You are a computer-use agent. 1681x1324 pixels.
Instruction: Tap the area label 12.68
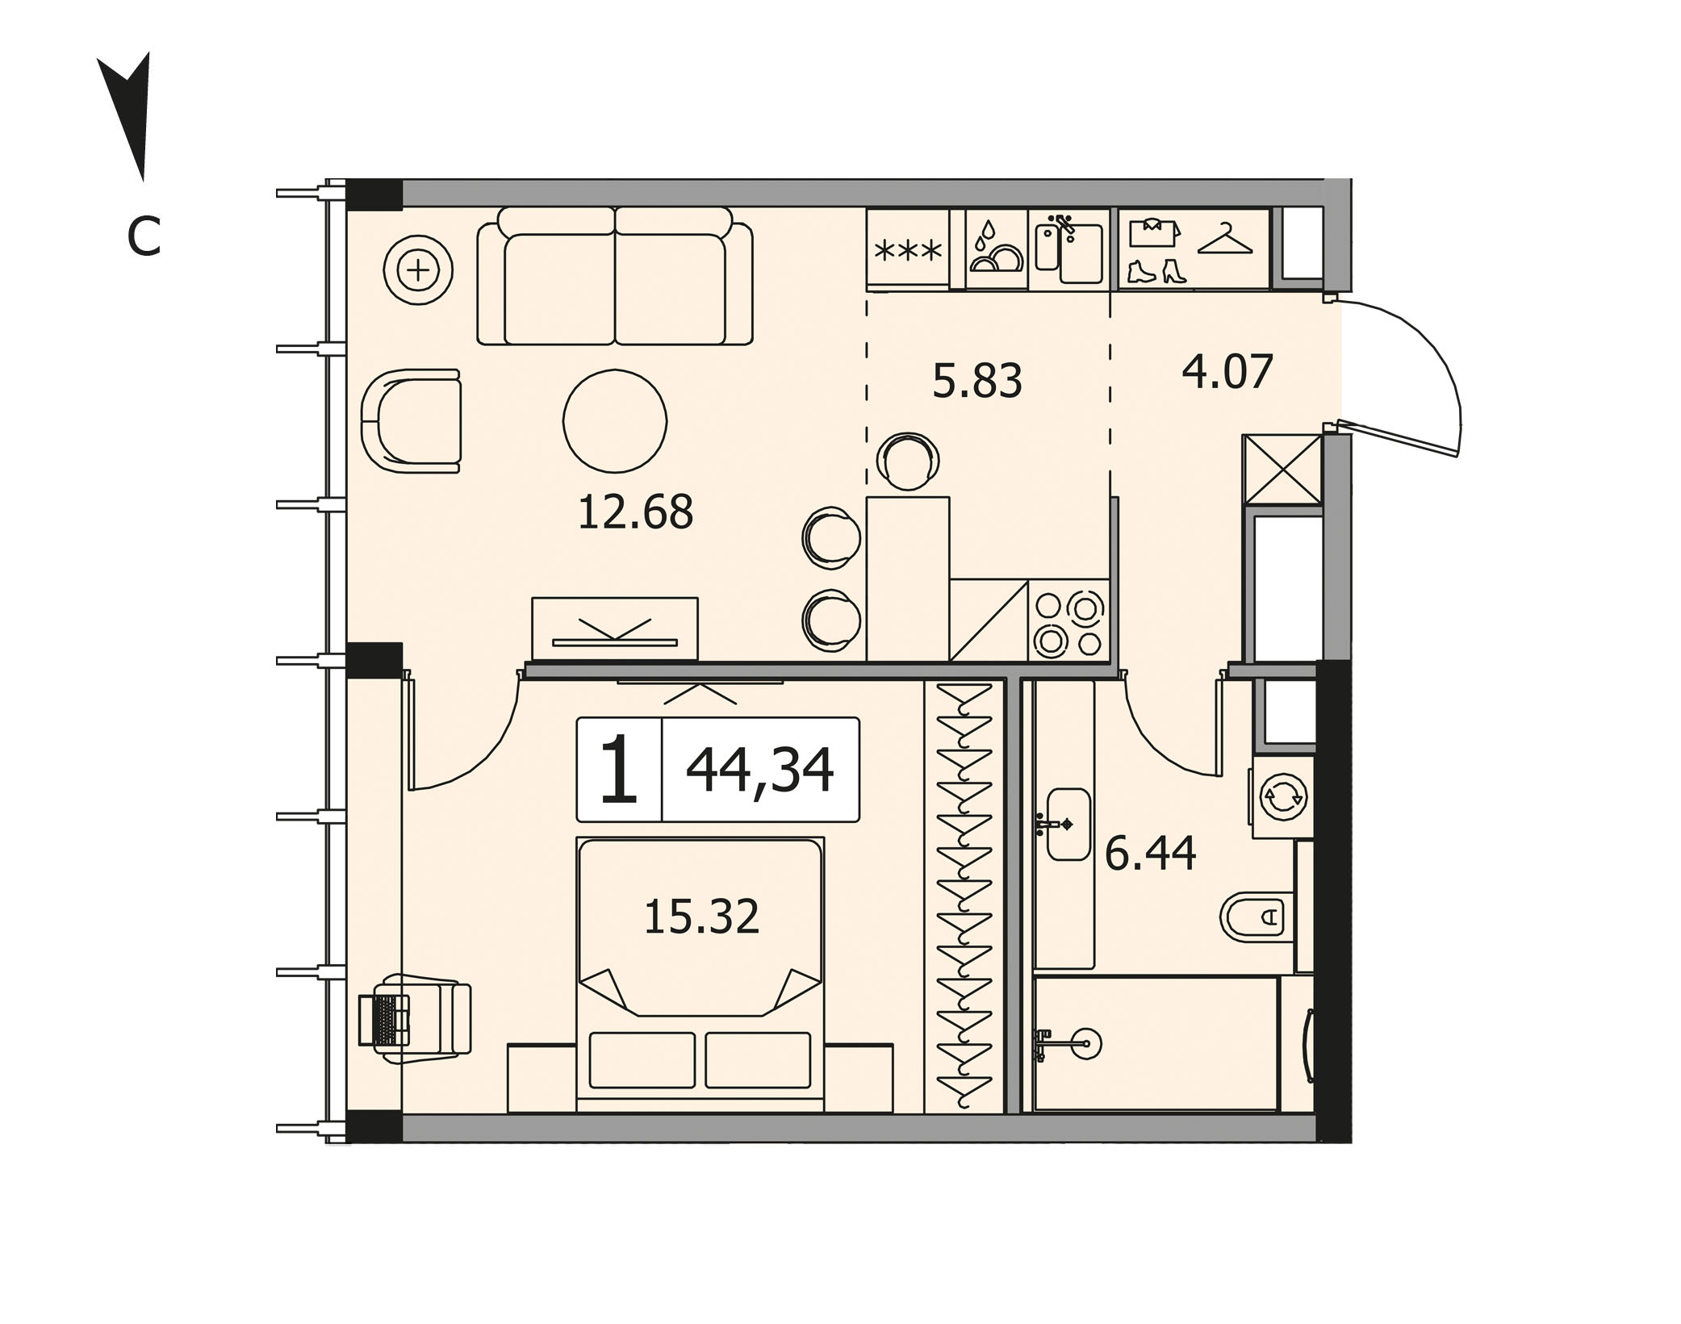tap(635, 512)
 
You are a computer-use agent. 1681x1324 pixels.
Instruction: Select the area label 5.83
tap(977, 380)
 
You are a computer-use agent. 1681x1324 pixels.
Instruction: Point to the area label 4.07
tap(1227, 372)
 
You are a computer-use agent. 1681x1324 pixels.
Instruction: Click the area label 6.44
tap(1150, 854)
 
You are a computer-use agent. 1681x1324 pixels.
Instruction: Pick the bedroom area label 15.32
tap(701, 917)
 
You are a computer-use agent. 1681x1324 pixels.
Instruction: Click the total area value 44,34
tap(759, 771)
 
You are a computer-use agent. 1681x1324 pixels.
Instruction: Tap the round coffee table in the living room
tap(615, 421)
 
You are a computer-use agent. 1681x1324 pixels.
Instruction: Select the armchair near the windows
tap(411, 421)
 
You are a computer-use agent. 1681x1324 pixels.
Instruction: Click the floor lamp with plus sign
tap(418, 270)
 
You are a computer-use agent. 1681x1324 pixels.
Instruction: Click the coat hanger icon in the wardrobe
tap(1225, 239)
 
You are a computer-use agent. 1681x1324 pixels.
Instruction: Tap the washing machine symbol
tap(1282, 797)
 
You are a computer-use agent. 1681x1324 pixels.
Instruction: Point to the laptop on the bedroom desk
tap(384, 1021)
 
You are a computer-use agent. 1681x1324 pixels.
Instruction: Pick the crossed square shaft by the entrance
tap(1282, 470)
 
